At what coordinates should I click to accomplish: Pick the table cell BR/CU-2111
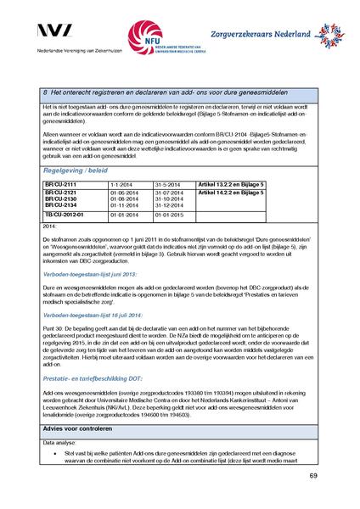[60, 184]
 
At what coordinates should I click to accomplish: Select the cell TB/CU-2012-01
[64, 215]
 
